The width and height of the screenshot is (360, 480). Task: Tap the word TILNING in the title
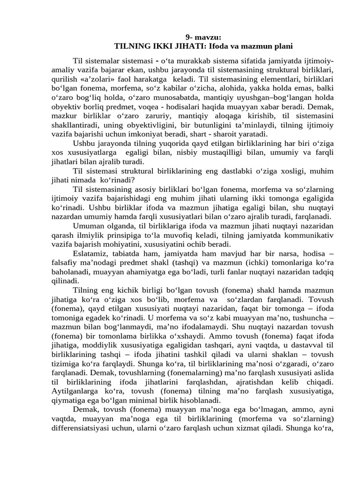[x=133, y=46]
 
